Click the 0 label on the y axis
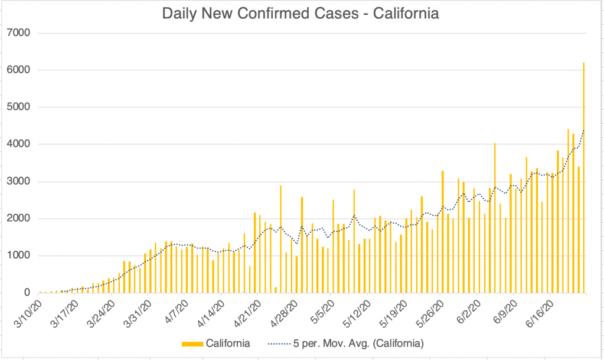(x=26, y=293)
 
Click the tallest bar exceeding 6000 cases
(x=583, y=177)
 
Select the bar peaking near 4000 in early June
(x=495, y=218)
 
